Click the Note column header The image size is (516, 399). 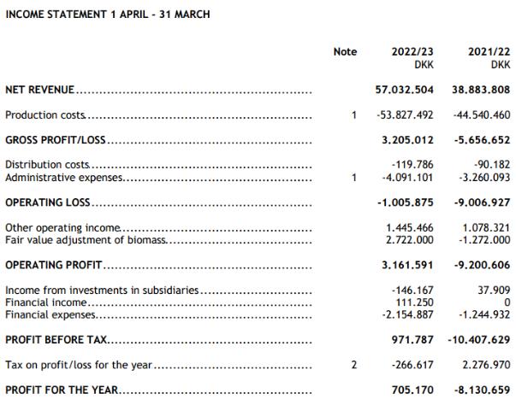(345, 52)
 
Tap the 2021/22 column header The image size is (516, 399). (489, 52)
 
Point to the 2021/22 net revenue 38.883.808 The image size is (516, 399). (477, 89)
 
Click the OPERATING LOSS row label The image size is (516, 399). (48, 203)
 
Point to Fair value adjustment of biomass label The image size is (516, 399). (86, 241)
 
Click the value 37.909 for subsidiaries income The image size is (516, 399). (491, 290)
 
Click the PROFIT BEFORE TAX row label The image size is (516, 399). (56, 340)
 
